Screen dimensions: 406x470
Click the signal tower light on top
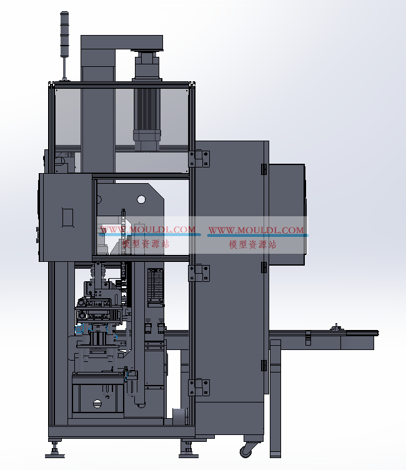point(64,34)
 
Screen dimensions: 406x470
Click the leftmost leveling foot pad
point(54,456)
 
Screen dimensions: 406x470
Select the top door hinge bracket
point(199,159)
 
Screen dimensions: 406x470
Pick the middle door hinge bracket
point(199,273)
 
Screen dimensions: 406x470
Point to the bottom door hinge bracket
point(199,387)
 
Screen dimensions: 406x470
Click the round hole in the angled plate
point(141,199)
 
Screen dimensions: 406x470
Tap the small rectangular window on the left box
point(67,217)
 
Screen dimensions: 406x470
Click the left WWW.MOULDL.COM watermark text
point(148,230)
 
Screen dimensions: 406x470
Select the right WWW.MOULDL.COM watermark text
point(256,230)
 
